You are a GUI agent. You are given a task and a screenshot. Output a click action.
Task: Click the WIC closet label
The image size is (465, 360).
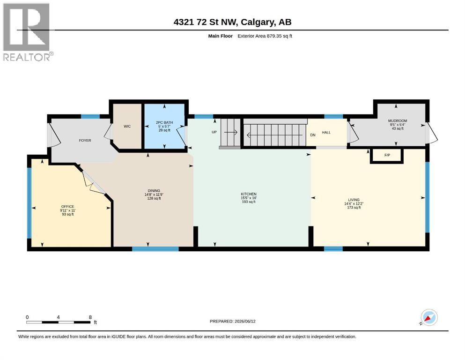click(x=127, y=127)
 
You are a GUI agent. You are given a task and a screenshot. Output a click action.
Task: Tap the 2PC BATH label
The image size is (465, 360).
click(x=164, y=122)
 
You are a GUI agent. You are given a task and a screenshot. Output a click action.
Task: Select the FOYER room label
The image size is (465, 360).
click(x=85, y=141)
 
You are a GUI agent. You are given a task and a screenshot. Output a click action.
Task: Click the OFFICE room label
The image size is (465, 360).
click(x=67, y=207)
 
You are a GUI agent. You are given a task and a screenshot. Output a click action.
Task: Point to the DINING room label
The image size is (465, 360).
click(x=154, y=191)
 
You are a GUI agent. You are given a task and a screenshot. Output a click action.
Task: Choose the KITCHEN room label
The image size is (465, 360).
click(x=249, y=194)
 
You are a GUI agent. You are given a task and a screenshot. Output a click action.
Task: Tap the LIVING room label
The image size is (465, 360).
click(x=354, y=200)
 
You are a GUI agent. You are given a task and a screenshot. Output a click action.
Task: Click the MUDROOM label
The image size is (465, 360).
click(x=398, y=121)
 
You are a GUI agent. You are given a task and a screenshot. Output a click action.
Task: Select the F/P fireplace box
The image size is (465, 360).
click(x=387, y=155)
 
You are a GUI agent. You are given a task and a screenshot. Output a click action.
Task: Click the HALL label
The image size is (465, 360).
click(x=326, y=132)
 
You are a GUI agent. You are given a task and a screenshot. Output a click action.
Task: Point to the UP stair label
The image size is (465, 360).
click(x=214, y=132)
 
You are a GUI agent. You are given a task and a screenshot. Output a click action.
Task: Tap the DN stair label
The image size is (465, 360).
click(x=312, y=135)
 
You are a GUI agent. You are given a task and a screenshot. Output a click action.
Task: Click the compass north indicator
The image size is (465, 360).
click(x=429, y=317)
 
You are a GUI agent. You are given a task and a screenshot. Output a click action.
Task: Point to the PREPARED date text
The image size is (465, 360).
click(x=232, y=321)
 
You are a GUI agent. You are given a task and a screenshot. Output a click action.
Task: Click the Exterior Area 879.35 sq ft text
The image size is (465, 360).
click(x=265, y=36)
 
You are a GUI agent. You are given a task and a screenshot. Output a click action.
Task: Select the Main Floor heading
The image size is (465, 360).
click(x=221, y=36)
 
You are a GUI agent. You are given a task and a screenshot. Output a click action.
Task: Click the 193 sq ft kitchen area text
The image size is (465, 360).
click(x=249, y=202)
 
